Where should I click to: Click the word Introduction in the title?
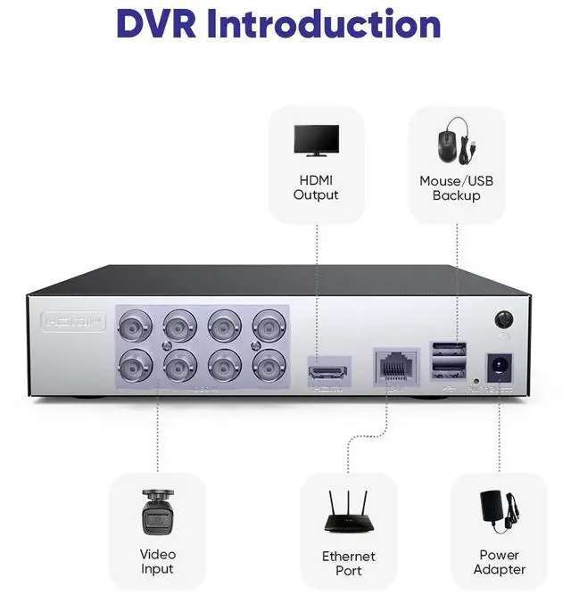[x=324, y=24]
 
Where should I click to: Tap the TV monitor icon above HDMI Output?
[x=316, y=142]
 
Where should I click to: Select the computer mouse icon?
[x=451, y=142]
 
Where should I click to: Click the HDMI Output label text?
[x=316, y=187]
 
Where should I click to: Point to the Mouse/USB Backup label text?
[x=456, y=187]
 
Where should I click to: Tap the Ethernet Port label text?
[x=349, y=563]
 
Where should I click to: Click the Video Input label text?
[x=157, y=561]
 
